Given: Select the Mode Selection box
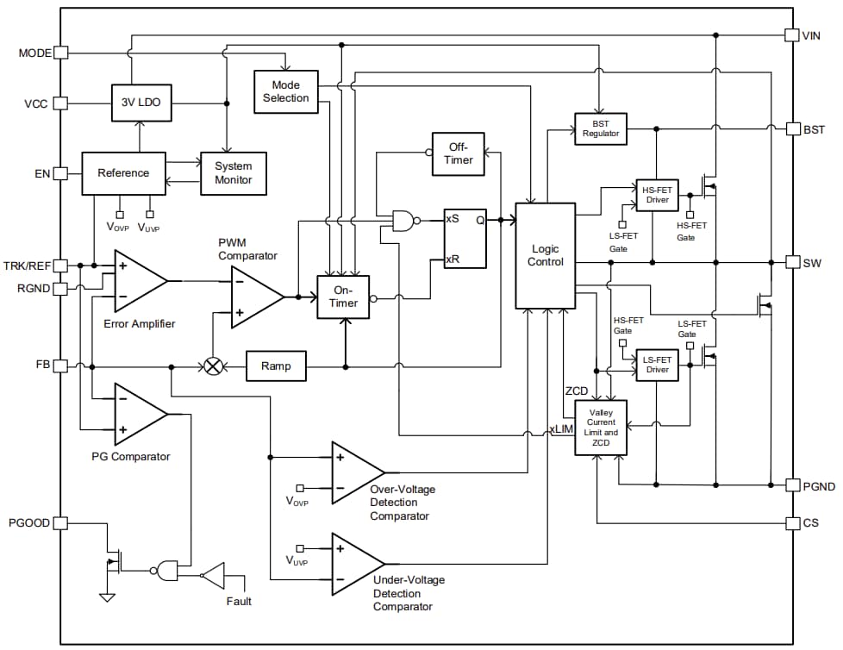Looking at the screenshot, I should coord(285,91).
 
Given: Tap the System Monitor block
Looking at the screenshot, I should coord(233,172).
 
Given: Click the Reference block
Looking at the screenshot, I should coord(122,173).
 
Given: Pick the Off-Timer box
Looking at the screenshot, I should coord(458,153).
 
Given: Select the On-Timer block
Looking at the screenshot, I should coord(343,297).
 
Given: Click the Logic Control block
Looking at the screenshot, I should coord(545,255).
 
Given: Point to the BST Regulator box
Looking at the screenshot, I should coord(601,128).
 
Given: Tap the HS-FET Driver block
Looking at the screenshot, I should coord(656,195).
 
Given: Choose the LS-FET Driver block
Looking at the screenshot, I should coord(657,365).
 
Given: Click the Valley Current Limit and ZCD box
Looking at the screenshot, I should coord(601,428).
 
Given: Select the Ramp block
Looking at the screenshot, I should coord(276,366).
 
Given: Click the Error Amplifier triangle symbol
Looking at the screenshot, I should coord(138,280).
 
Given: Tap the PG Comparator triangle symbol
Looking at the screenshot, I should coord(138,414).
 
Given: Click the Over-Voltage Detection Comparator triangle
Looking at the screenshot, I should coord(355,472).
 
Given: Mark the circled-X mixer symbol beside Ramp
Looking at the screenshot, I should coord(212,366).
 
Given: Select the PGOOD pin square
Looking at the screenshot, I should coord(60,523).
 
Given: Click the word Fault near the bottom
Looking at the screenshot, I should coord(239,601).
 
